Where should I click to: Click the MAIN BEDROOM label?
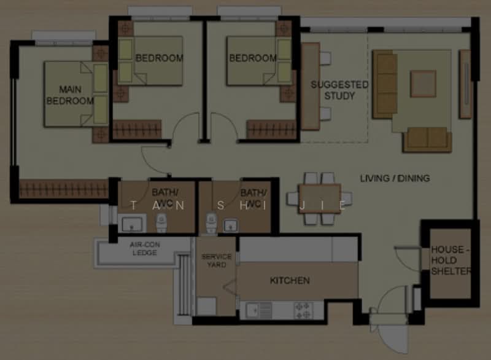pyautogui.click(x=70, y=95)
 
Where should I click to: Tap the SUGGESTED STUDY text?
pyautogui.click(x=339, y=90)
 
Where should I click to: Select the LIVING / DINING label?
pyautogui.click(x=395, y=178)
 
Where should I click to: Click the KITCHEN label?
pyautogui.click(x=290, y=281)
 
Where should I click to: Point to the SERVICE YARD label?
pyautogui.click(x=217, y=260)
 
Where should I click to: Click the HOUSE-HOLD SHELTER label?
pyautogui.click(x=450, y=260)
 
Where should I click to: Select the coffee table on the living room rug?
pyautogui.click(x=423, y=84)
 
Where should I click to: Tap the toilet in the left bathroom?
pyautogui.click(x=161, y=224)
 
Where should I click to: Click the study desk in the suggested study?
pyautogui.click(x=310, y=86)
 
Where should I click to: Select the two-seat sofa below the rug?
pyautogui.click(x=428, y=138)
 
